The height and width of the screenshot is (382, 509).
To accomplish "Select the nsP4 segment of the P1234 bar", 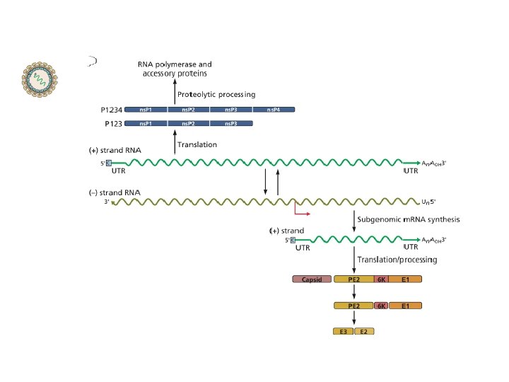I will (274, 110).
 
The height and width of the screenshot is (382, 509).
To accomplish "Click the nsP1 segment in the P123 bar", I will (148, 124).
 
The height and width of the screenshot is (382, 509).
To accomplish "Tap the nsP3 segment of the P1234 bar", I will (231, 110).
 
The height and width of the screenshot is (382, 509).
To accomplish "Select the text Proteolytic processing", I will (216, 94).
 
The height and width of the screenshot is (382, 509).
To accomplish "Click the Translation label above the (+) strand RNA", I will (197, 144).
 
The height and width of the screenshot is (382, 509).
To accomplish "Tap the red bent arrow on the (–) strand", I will (300, 210).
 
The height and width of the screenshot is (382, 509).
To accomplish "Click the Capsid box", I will (312, 279).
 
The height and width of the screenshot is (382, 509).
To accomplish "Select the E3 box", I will (344, 331).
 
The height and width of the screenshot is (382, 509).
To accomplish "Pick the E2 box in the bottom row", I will (364, 331).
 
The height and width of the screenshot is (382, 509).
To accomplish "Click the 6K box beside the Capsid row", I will (381, 279).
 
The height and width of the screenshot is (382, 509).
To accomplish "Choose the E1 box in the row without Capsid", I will (405, 306).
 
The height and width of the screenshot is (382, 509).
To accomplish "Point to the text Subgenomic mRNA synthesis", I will (409, 219).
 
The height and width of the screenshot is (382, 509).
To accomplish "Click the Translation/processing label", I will (397, 260).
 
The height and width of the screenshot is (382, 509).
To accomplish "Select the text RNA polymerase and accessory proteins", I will (175, 69).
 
